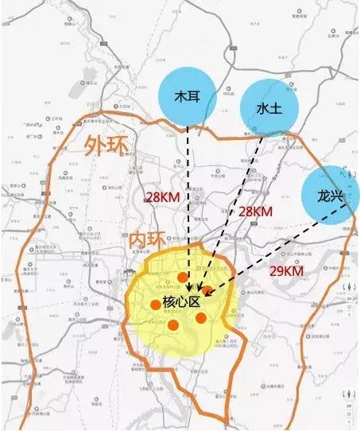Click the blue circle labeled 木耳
coord(187,96)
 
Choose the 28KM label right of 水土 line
coord(256,212)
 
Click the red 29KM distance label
coord(285,271)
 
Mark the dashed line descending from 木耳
coord(188,199)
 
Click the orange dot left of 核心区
coord(155,304)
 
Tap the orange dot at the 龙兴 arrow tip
coord(208,293)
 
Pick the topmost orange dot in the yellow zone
coord(184,277)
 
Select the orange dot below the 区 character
coord(201,318)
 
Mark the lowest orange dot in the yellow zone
coord(173,324)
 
